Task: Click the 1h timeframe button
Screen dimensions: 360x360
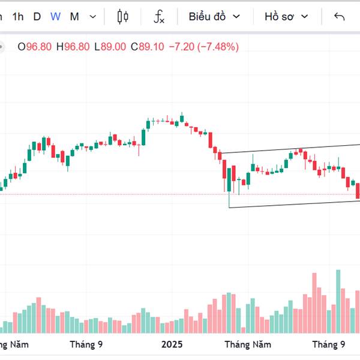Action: pos(18,17)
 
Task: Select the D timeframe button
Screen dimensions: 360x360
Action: pos(37,17)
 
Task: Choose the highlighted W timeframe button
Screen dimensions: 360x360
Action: pos(55,17)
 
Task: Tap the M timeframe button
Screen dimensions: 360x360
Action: pos(74,17)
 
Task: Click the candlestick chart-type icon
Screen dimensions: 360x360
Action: pos(123,17)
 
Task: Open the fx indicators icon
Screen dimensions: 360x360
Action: pos(159,17)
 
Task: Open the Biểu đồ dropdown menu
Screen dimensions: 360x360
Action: pos(214,17)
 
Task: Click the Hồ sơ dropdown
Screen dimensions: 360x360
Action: pos(286,17)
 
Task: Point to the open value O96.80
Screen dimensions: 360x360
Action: pos(35,46)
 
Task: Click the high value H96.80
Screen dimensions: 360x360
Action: pos(73,46)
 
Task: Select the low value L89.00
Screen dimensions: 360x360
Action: pos(110,46)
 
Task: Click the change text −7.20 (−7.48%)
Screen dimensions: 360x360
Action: pos(203,46)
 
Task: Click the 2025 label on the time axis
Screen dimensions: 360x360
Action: pos(172,344)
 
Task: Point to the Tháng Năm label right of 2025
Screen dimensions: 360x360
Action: pos(248,344)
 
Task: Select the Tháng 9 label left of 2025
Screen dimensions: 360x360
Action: pos(86,344)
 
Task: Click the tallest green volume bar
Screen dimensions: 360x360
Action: pos(338,300)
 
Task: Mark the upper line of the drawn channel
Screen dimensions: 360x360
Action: pos(288,149)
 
